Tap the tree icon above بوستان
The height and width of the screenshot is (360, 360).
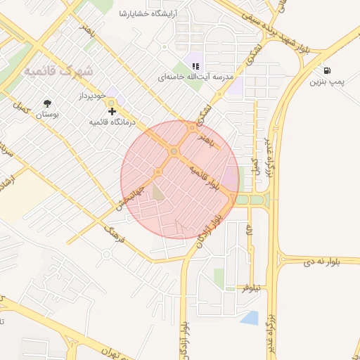pyautogui.click(x=47, y=102)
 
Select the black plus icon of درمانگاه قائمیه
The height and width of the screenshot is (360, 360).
pyautogui.click(x=112, y=111)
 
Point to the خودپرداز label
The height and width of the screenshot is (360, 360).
pyautogui.click(x=91, y=94)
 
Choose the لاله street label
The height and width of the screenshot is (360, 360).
pyautogui.click(x=249, y=230)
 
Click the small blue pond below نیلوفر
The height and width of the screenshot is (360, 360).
pyautogui.click(x=249, y=317)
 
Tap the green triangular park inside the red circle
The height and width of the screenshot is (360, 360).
pyautogui.click(x=159, y=191)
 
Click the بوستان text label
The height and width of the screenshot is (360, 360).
pyautogui.click(x=47, y=114)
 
